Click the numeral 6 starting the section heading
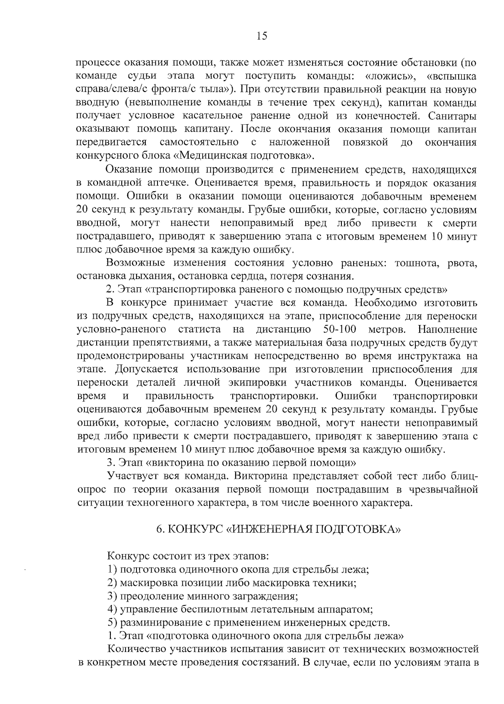[159, 529]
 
